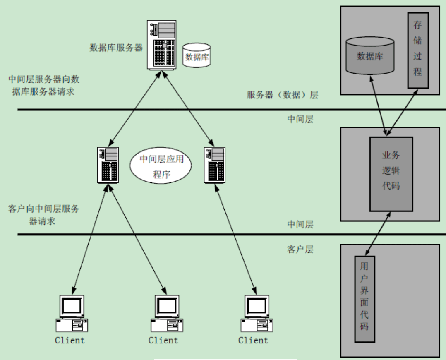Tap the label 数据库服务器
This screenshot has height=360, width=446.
116,48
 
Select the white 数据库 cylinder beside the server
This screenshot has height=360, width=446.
197,56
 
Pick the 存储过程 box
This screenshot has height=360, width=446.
417,50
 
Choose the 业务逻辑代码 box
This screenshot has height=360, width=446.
391,174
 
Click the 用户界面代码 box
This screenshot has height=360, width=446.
364,298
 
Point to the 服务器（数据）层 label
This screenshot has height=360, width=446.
282,95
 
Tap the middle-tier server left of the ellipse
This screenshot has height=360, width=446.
108,166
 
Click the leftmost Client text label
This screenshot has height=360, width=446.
70,341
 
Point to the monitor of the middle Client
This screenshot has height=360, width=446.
167,306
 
